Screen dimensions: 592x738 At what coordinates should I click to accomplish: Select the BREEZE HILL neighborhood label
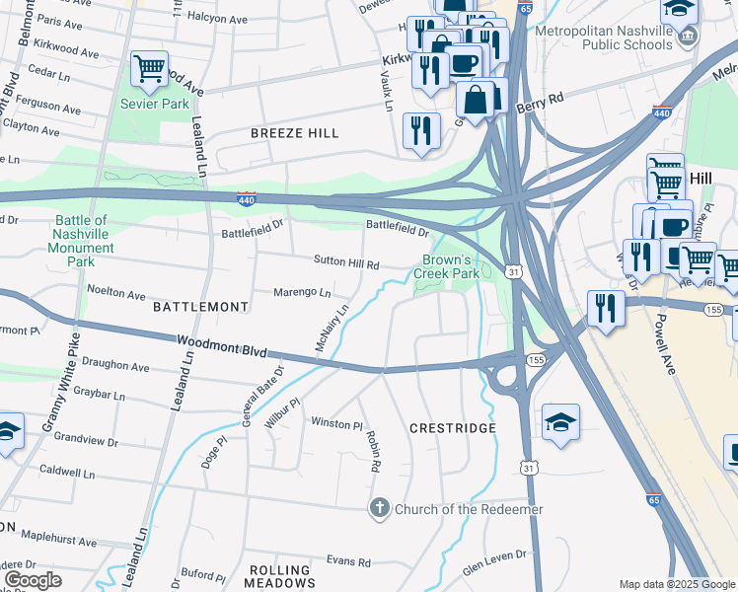click(x=294, y=133)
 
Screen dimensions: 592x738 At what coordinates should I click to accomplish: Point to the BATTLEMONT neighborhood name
click(x=201, y=307)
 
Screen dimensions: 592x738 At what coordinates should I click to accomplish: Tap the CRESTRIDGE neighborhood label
click(x=452, y=428)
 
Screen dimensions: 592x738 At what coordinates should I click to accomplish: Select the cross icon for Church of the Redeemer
click(x=379, y=509)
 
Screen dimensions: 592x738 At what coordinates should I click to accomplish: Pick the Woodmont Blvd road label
click(x=220, y=348)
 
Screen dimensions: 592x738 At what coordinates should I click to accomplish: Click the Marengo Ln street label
click(x=304, y=293)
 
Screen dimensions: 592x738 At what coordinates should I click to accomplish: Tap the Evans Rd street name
click(x=348, y=561)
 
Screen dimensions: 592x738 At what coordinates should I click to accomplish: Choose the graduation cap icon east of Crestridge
click(x=560, y=422)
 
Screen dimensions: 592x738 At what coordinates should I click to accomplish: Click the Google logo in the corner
click(x=32, y=579)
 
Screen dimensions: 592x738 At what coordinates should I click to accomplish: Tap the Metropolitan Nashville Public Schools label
click(x=604, y=37)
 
